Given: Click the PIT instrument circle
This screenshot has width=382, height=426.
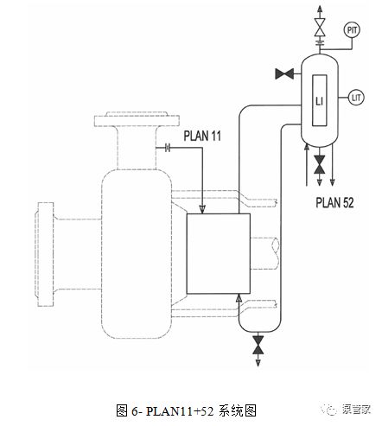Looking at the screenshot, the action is click(352, 30).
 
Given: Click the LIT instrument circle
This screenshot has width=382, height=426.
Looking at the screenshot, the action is click(356, 98).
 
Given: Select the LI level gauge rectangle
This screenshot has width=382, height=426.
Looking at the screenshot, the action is click(320, 100).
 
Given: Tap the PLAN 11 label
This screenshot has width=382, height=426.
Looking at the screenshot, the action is click(202, 136).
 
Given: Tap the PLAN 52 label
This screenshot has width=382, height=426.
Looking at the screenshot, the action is click(334, 202).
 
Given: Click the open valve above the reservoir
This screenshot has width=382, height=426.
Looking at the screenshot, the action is click(320, 28).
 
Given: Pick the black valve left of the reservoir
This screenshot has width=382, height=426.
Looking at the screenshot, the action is click(284, 74).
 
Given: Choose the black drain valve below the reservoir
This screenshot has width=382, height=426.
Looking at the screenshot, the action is click(320, 165).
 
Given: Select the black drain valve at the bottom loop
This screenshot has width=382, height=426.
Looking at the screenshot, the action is click(258, 345).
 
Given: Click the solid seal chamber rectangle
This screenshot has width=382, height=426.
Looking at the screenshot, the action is click(219, 254).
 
